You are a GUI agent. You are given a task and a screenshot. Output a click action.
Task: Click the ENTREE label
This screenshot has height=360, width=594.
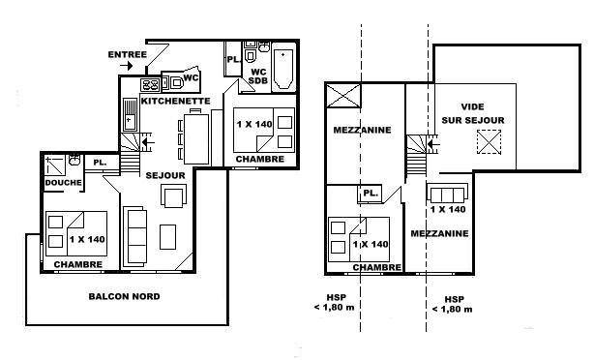click(128, 54)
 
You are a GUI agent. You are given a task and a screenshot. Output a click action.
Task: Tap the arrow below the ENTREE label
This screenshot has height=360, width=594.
click(127, 66)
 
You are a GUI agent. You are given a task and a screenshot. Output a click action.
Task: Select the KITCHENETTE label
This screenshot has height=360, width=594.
click(175, 101)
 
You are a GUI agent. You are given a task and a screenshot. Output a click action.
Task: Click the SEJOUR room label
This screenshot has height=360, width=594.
click(165, 175)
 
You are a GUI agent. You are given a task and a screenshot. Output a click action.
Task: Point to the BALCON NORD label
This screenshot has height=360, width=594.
click(124, 296)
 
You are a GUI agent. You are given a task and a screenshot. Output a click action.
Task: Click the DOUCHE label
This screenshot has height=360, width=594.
click(63, 183)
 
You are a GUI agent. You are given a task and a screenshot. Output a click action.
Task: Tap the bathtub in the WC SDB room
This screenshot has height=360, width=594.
click(283, 69)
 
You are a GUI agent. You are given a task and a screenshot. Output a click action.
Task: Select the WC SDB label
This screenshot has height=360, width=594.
click(258, 76)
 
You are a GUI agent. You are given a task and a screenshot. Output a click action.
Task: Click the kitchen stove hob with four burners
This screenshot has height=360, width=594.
click(150, 84)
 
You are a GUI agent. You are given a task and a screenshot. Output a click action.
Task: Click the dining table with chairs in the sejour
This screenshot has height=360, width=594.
click(193, 136)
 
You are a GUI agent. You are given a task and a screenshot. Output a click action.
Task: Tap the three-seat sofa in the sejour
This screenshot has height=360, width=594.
click(135, 236)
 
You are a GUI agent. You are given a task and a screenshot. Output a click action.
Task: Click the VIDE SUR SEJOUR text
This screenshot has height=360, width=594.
click(473, 113)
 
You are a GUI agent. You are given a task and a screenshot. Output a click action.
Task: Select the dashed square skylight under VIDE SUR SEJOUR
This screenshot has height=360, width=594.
click(489, 141)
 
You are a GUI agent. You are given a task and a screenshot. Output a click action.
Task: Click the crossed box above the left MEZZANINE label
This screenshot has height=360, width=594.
click(343, 96)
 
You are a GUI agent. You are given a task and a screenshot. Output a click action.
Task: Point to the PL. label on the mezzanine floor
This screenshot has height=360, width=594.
click(371, 193)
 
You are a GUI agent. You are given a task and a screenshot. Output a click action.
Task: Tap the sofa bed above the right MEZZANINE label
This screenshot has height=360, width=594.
click(448, 194)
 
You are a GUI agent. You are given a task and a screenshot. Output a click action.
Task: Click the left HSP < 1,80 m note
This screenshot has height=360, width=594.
click(335, 302)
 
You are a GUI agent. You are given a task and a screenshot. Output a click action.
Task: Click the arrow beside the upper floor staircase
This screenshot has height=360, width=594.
click(432, 144)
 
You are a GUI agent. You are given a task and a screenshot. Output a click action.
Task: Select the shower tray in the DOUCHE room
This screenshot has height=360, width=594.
click(55, 165)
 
